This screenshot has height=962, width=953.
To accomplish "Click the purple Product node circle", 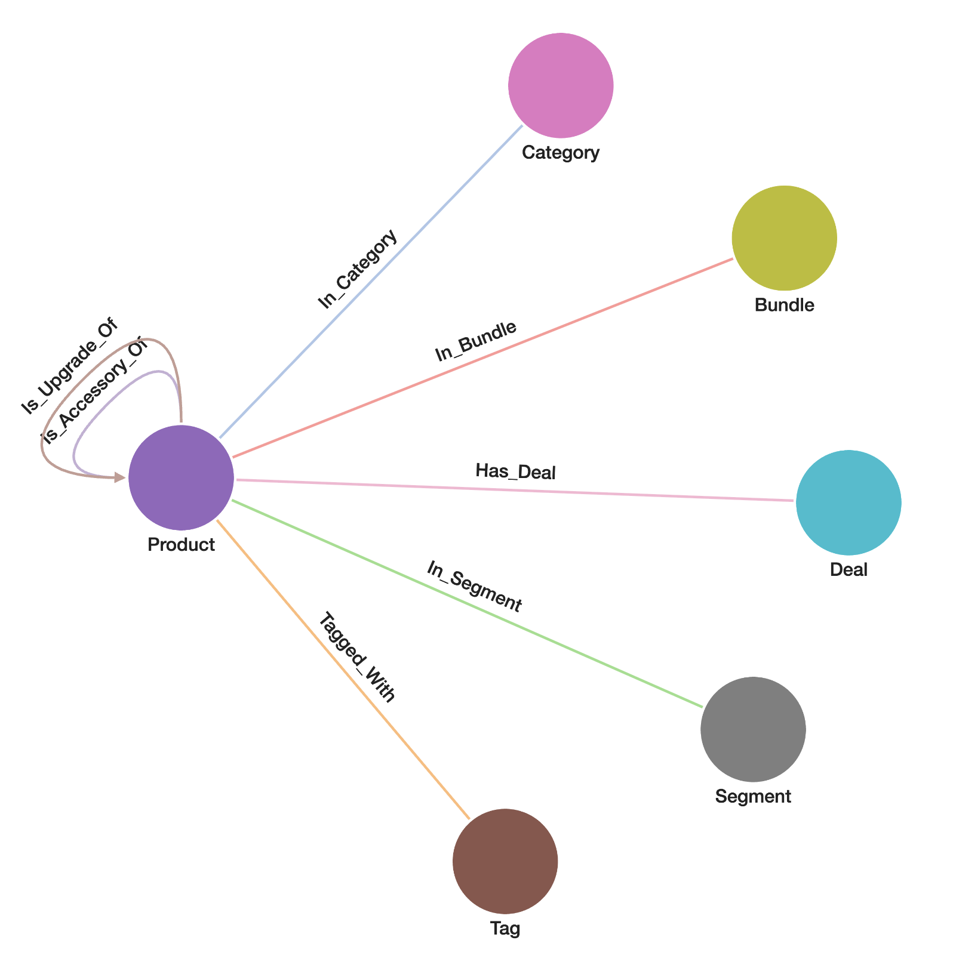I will click(x=181, y=477).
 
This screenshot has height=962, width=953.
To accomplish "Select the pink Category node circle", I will click(x=561, y=85).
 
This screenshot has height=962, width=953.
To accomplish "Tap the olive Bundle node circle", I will click(x=784, y=238).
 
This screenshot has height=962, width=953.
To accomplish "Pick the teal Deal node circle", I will click(x=848, y=502).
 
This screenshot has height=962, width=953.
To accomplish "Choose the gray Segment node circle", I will click(x=752, y=729).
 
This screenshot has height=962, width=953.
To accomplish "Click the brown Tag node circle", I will click(x=505, y=861).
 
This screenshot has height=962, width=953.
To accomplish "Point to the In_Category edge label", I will click(x=358, y=269).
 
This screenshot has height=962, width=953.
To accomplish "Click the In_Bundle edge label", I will click(x=476, y=342).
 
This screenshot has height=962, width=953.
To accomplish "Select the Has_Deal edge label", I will click(x=516, y=472).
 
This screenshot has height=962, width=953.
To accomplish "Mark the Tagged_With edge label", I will click(x=356, y=658).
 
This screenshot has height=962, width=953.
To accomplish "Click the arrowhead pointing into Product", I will click(x=121, y=477).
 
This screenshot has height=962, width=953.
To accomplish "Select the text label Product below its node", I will click(x=181, y=544).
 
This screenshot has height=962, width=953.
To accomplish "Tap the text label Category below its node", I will click(x=561, y=153).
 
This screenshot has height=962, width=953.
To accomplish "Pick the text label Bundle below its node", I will click(x=784, y=305).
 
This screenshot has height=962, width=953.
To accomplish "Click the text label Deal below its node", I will click(x=848, y=570).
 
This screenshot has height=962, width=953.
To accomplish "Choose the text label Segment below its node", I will click(x=752, y=796).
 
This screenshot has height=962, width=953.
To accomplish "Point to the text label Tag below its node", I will click(x=505, y=929).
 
